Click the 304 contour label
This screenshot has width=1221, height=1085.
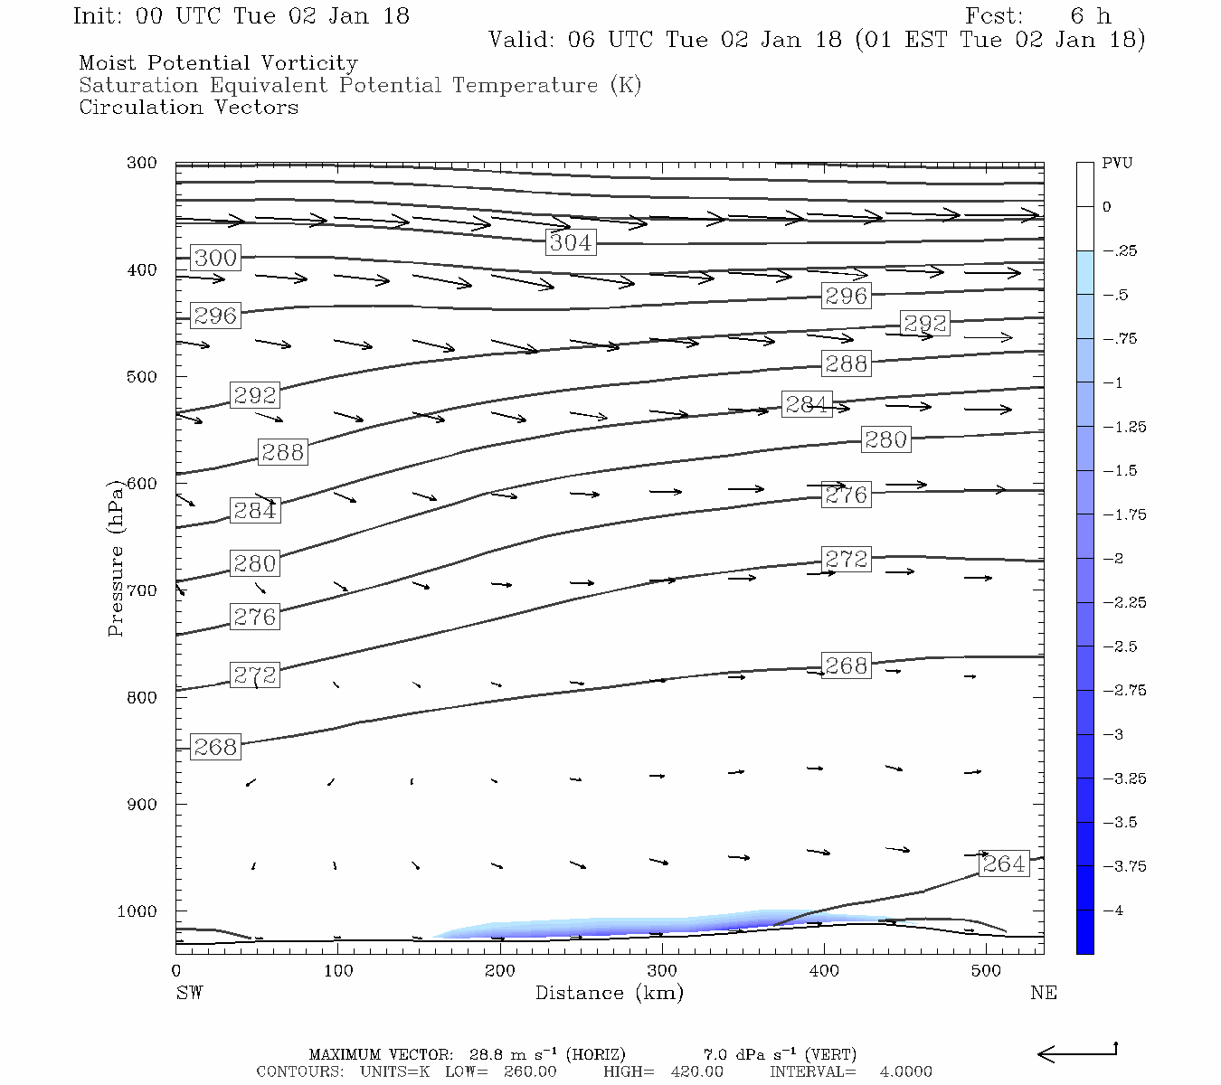click(571, 242)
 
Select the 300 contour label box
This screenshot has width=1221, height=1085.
click(215, 258)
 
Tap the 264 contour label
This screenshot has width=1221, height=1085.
click(1004, 863)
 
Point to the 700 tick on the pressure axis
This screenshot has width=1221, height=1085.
click(141, 590)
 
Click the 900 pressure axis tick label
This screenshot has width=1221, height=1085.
click(141, 805)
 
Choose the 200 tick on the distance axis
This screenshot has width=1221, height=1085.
click(499, 971)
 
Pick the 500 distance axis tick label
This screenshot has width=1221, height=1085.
click(986, 971)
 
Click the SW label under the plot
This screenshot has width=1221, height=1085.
click(189, 993)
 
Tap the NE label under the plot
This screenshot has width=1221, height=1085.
click(1043, 993)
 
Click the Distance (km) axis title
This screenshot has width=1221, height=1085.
click(609, 993)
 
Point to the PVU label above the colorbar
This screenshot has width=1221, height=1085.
click(1117, 164)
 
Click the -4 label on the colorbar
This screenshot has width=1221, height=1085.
click(1112, 910)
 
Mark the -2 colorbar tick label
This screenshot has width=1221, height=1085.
click(1112, 559)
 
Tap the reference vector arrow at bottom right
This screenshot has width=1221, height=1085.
click(1076, 1052)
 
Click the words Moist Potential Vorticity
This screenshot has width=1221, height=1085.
click(218, 63)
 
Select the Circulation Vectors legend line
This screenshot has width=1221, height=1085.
click(188, 108)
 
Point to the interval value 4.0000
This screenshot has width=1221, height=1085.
click(905, 1071)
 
